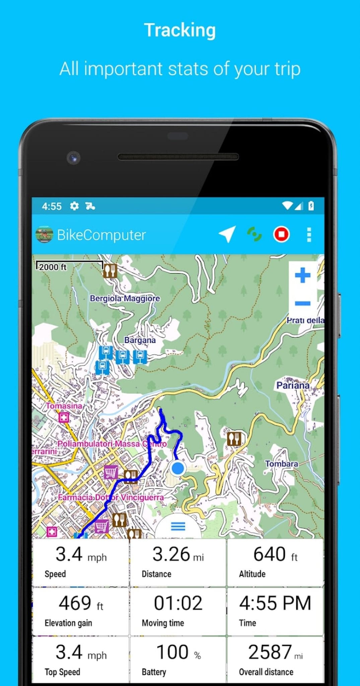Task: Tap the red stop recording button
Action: click(x=281, y=234)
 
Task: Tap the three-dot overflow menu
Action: click(x=309, y=234)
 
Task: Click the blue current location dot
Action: click(x=177, y=468)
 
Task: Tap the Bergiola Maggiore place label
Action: click(x=125, y=298)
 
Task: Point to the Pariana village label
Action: click(x=293, y=385)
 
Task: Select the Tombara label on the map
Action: click(x=281, y=464)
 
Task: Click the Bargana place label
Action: click(x=140, y=340)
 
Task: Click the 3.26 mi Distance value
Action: click(x=178, y=554)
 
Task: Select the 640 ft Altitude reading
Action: click(x=275, y=554)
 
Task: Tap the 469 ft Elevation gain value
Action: click(x=81, y=604)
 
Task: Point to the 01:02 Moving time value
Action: click(x=178, y=604)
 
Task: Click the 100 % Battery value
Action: click(x=178, y=653)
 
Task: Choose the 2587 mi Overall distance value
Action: click(x=275, y=653)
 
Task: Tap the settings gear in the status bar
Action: click(x=74, y=206)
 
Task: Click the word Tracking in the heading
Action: click(x=180, y=30)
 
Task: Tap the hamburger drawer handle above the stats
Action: click(x=178, y=527)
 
